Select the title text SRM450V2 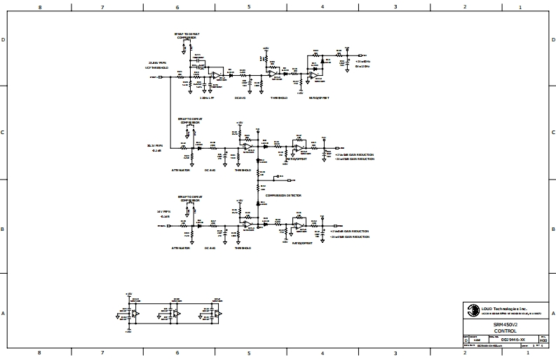(505, 324)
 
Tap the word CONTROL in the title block (505, 330)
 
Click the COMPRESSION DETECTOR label (279, 196)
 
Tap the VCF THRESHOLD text (157, 67)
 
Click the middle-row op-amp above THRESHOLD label (247, 146)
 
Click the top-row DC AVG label (240, 98)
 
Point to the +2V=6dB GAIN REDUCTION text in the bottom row (349, 231)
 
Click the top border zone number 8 (39, 7)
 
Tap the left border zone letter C (4, 132)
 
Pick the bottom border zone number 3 (395, 353)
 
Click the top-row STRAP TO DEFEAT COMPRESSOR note (187, 34)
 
